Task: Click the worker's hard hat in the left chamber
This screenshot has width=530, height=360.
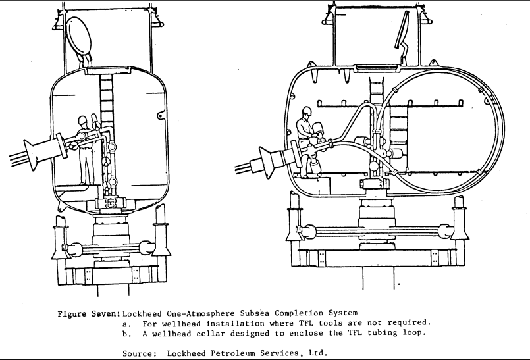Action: pos(82,120)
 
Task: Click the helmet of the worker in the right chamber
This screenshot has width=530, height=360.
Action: pos(307,111)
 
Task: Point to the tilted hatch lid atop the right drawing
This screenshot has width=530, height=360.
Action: pos(402,30)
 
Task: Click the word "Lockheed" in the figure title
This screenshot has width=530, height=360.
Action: pos(142,313)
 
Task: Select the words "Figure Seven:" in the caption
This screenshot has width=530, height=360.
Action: pos(89,314)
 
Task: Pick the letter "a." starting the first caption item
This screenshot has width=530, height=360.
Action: pos(127,324)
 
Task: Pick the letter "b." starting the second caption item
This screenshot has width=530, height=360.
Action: pos(127,334)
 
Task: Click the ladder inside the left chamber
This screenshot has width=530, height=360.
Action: pos(106,101)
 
